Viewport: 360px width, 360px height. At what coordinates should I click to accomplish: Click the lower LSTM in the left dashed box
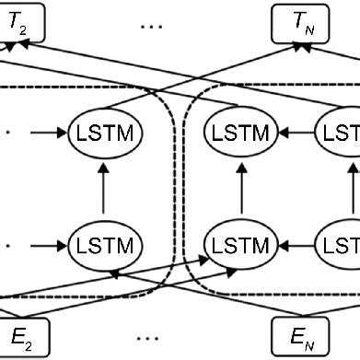tap(104, 246)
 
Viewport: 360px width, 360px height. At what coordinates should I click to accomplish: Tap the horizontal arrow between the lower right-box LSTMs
tap(295, 246)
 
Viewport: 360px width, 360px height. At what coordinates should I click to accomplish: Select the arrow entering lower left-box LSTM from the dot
tap(48, 246)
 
